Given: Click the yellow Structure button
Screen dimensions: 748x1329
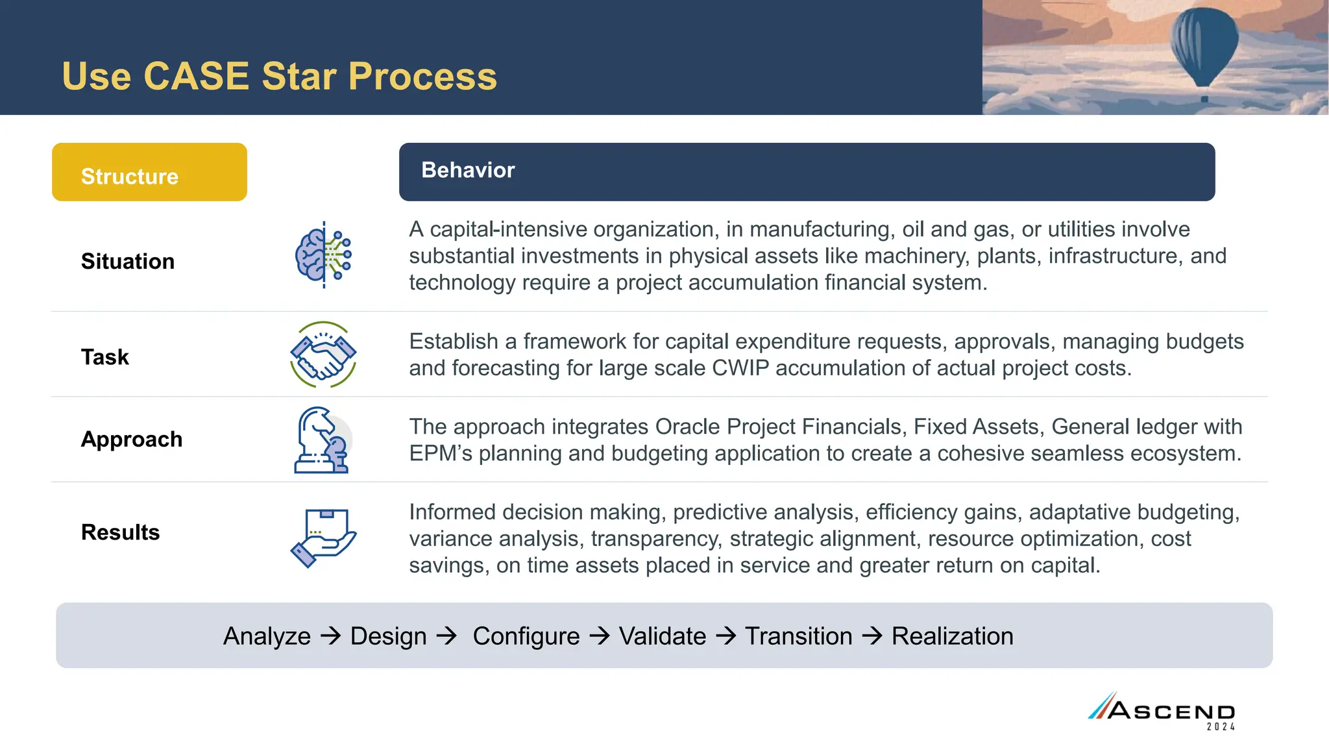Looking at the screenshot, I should [149, 173].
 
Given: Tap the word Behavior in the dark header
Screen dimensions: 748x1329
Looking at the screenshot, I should [468, 170].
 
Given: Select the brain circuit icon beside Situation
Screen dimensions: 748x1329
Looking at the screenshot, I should [323, 255].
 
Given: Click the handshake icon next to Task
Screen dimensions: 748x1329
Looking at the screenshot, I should [323, 355].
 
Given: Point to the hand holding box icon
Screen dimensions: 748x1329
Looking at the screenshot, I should [323, 537].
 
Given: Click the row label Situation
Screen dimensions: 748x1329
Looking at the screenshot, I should [128, 262].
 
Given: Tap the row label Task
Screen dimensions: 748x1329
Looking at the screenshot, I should [105, 357].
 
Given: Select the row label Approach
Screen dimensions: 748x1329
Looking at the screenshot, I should [132, 440].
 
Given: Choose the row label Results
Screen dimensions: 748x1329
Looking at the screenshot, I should [121, 532].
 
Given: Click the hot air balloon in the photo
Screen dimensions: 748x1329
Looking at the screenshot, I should [1204, 45].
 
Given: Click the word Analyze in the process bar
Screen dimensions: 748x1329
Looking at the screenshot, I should [267, 636].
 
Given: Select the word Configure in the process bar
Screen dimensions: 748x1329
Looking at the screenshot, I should [526, 636].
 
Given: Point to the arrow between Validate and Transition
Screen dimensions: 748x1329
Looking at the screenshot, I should [725, 636].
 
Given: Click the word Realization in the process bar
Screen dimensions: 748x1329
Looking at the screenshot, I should [952, 636].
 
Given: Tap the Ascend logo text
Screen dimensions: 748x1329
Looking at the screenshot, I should [1171, 710].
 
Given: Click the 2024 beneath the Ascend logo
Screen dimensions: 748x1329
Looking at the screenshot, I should [1221, 727].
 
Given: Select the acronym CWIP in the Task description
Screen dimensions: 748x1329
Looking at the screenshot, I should [740, 368].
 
